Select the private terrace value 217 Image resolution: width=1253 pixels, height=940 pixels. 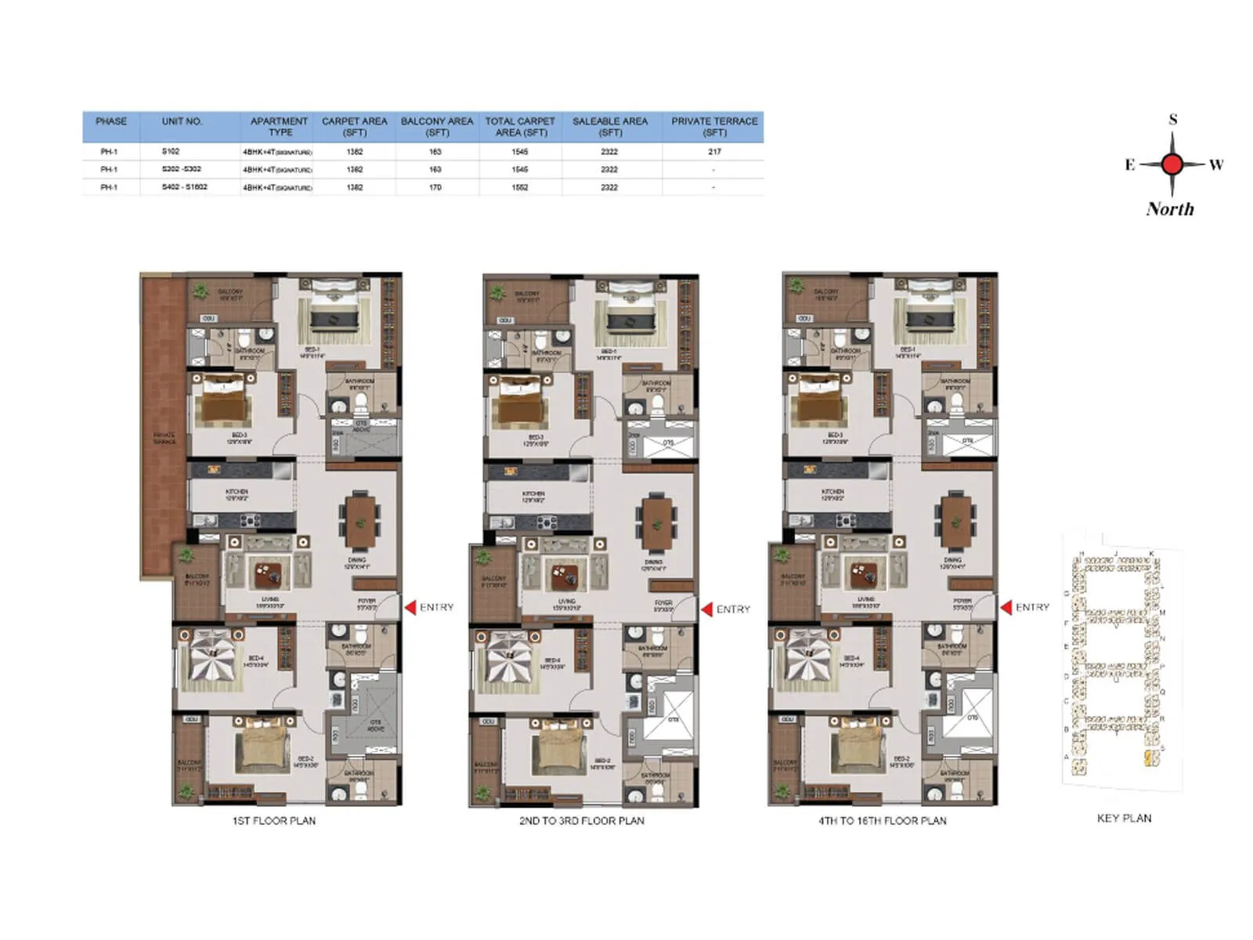point(714,151)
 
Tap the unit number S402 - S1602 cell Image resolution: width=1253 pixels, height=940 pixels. point(184,187)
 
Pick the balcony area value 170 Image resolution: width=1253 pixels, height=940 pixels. point(435,187)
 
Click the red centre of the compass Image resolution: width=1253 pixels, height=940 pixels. point(1172,164)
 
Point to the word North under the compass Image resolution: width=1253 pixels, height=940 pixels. point(1170,209)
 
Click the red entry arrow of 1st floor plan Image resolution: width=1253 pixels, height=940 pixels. point(410,607)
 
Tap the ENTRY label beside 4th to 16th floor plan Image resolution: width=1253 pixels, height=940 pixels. point(1032,607)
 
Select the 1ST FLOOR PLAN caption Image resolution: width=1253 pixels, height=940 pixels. point(273,821)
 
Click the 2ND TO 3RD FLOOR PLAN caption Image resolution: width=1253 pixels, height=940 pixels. point(581,821)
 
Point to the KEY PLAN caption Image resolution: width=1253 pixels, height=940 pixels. point(1124,818)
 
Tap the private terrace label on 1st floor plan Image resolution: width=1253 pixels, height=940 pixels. point(164,439)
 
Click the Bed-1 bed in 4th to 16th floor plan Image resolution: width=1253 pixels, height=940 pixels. point(930,312)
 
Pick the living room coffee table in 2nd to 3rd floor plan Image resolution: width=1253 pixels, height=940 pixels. point(565,577)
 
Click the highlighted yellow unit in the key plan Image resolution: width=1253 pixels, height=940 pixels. point(1149,757)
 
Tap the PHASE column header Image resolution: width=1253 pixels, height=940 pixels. point(110,121)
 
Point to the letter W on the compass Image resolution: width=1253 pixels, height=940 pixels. point(1215,164)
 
